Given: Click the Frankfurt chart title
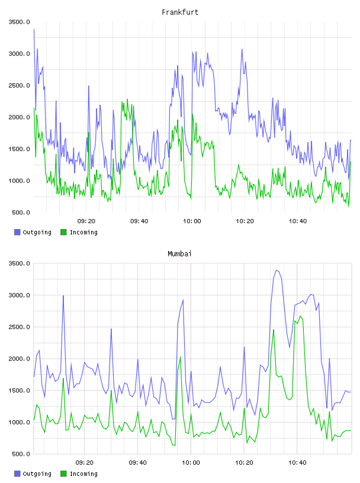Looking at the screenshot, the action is pos(180,12).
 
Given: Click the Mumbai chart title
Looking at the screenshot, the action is pos(179,254).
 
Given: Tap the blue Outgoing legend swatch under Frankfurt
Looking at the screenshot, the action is pos(17,232).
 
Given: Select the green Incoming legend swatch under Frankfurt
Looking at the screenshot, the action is pos(63,232).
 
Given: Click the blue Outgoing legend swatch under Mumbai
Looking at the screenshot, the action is pos(17,474).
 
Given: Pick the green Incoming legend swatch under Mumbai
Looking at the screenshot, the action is pos(63,474).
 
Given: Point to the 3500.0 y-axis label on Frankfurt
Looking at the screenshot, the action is pos(19,22).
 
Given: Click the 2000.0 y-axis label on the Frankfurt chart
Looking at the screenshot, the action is pos(19,117).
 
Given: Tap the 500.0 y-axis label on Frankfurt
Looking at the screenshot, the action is pos(21,212).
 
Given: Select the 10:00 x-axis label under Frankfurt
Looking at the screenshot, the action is pos(192,221).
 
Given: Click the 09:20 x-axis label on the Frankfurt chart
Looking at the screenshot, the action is pos(86,221).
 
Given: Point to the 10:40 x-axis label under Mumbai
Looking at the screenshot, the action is pos(297,463).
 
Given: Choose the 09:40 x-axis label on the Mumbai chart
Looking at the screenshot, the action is pos(137,463).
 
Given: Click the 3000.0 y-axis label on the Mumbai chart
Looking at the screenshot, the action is pos(19,295).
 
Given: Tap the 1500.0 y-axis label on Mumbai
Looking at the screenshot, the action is pos(19,391).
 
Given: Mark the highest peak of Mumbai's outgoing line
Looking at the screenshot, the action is pos(277,271).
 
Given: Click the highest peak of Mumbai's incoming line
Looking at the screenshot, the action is pos(300,316).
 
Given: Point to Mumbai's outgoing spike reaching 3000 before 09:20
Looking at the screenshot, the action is pos(63,296).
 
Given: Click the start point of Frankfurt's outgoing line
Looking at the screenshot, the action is pos(34,30).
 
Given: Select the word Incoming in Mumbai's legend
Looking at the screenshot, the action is pos(83,474).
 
